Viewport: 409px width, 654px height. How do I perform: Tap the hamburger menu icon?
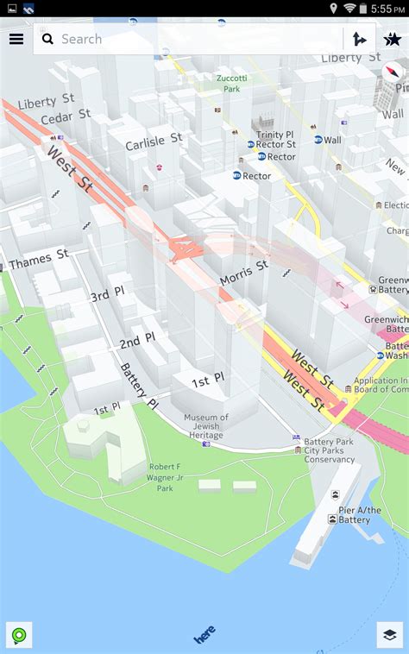pyautogui.click(x=16, y=39)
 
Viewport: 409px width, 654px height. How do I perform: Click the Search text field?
pyautogui.click(x=190, y=39)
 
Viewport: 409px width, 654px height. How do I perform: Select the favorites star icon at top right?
pyautogui.click(x=392, y=39)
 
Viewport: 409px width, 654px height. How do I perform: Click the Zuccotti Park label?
pyautogui.click(x=231, y=83)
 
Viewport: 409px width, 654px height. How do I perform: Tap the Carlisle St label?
pyautogui.click(x=154, y=141)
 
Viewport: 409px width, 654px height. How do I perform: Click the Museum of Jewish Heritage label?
pyautogui.click(x=205, y=426)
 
